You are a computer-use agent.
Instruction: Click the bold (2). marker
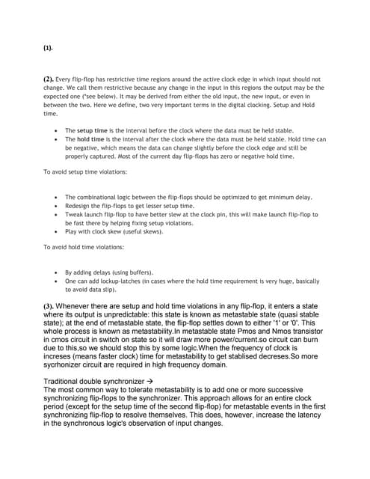[x=49, y=79]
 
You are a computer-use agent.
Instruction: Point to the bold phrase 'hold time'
[x=91, y=139]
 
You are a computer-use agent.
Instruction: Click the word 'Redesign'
[x=79, y=205]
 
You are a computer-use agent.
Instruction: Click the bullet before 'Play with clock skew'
[x=58, y=232]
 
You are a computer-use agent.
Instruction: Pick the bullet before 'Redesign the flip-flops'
[x=58, y=205]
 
